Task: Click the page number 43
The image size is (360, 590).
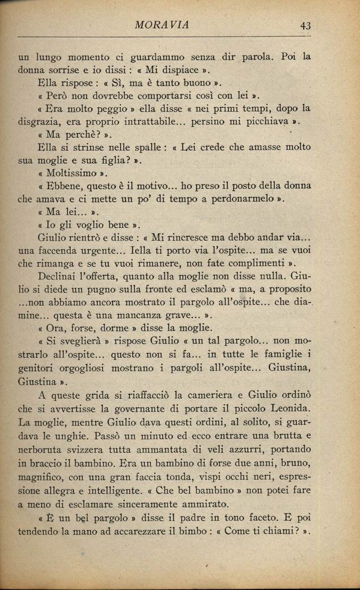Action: (306, 25)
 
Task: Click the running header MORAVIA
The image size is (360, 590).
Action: (163, 24)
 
